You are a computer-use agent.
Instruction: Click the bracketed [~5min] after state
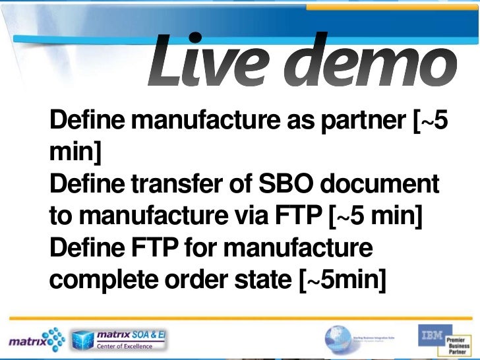tap(342, 280)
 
